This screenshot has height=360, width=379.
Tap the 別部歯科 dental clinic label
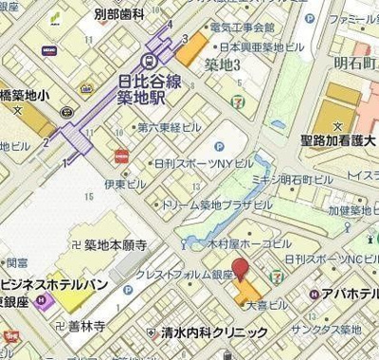119,14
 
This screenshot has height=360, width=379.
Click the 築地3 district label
221,63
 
